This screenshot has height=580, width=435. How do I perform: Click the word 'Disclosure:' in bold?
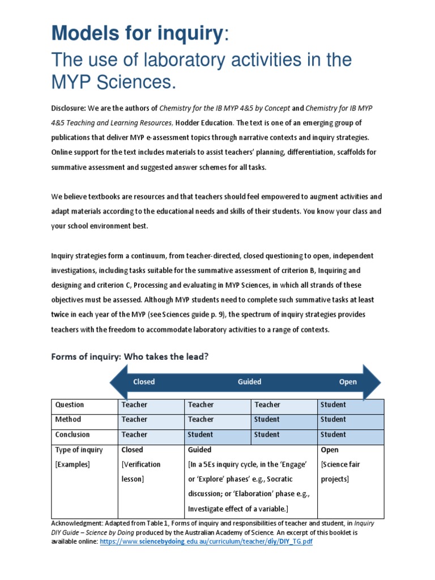click(71, 108)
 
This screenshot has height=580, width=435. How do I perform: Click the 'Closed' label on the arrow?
click(144, 382)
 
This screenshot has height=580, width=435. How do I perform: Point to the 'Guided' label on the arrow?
click(249, 382)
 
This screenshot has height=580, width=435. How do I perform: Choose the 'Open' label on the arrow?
click(348, 382)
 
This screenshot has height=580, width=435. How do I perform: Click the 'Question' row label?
click(69, 405)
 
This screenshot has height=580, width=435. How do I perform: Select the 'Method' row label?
click(68, 420)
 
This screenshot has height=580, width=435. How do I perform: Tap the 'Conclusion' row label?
click(72, 435)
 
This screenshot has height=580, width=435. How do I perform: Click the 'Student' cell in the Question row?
click(333, 405)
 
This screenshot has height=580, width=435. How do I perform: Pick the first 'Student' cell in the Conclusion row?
click(201, 435)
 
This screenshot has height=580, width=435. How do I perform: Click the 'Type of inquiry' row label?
click(79, 450)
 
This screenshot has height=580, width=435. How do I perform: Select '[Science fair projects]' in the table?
click(340, 472)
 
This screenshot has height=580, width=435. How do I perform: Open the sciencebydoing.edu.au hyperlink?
click(206, 542)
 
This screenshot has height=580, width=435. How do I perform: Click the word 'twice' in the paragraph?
click(61, 314)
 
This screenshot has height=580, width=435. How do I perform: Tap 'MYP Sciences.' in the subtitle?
click(113, 83)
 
